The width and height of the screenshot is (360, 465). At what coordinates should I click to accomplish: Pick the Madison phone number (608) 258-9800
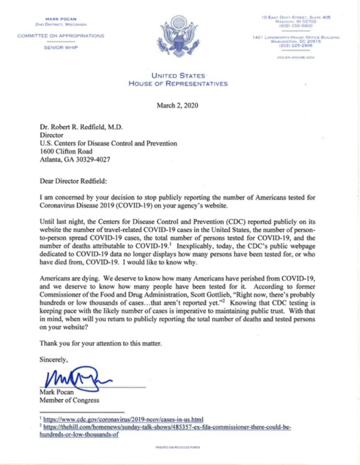296,25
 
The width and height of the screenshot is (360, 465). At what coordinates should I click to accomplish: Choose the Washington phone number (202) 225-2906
296,45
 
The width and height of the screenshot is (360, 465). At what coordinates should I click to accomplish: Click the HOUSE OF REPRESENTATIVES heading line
178,84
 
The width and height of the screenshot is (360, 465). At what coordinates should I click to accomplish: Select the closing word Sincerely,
53,360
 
